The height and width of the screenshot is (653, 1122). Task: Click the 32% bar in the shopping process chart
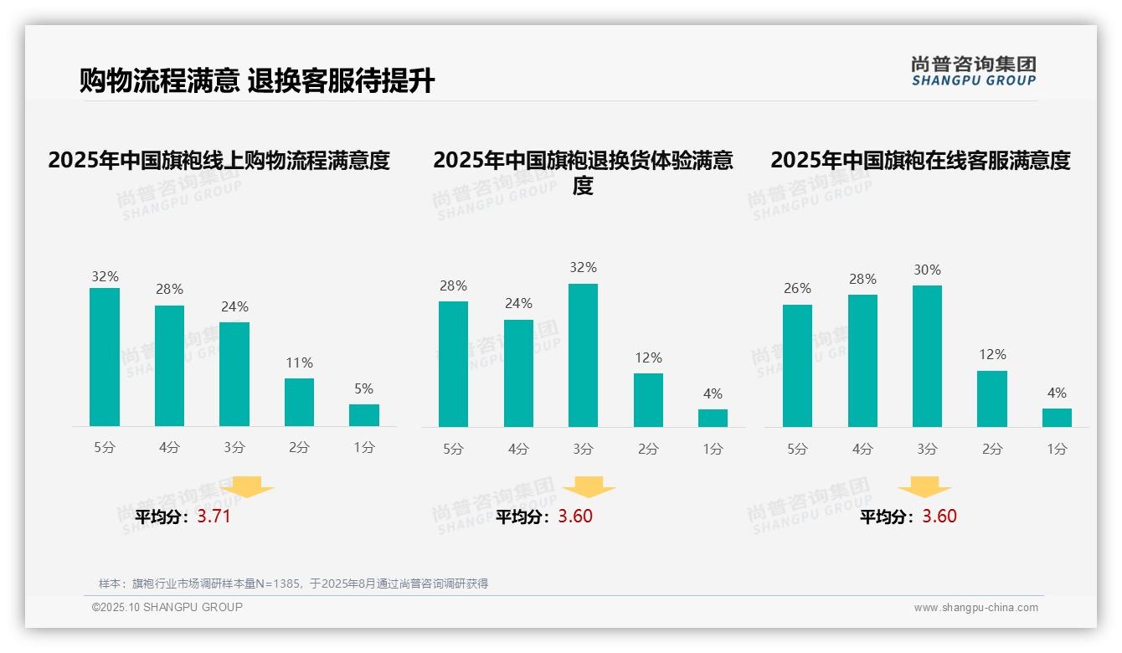[x=105, y=357]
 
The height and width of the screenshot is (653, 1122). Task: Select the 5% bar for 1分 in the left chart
[x=364, y=415]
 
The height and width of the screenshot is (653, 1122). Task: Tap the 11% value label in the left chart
[x=299, y=363]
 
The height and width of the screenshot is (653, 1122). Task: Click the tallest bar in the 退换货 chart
[x=583, y=355]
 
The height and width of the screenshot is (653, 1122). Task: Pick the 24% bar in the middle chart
[x=518, y=373]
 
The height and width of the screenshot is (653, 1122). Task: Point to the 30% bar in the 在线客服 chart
[x=927, y=356]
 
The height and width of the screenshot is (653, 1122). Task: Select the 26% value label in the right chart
[x=797, y=289]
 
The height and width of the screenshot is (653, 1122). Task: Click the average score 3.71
[x=214, y=517]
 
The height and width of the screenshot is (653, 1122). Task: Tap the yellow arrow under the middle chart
[x=589, y=487]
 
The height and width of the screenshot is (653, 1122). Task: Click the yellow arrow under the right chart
[x=924, y=487]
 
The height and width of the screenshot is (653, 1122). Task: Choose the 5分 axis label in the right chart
[x=797, y=450]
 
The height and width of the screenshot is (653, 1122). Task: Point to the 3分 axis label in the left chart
[x=234, y=448]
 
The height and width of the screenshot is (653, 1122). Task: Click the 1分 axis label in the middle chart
[x=713, y=450]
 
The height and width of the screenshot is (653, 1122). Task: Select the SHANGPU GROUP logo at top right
[x=973, y=71]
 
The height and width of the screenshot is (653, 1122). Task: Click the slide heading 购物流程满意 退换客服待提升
[x=257, y=81]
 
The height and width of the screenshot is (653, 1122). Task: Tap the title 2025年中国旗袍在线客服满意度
[x=920, y=160]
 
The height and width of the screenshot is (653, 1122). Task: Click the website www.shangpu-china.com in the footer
[x=975, y=608]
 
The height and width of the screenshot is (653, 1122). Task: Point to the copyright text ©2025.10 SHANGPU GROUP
[x=167, y=607]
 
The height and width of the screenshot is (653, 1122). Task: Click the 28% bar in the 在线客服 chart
[x=862, y=361]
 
